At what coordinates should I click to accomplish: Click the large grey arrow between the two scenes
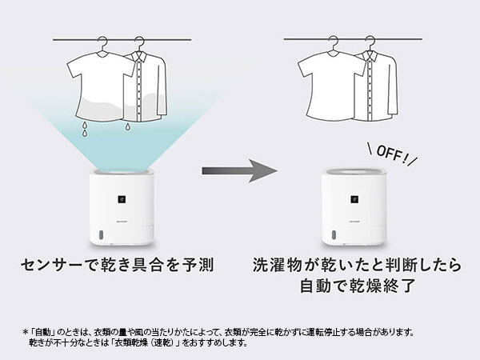click(x=239, y=171)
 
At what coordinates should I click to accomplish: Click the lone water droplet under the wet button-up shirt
click(x=128, y=126)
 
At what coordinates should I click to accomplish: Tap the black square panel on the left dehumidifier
click(x=122, y=199)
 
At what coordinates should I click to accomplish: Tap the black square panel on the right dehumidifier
click(x=354, y=199)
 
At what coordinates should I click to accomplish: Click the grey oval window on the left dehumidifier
click(x=100, y=235)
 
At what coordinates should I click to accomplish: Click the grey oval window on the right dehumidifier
click(x=333, y=235)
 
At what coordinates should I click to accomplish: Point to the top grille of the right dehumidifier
click(x=354, y=171)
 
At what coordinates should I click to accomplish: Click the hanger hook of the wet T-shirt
click(x=103, y=43)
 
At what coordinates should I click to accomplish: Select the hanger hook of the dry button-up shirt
click(x=370, y=43)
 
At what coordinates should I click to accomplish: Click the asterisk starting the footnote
click(x=25, y=332)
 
